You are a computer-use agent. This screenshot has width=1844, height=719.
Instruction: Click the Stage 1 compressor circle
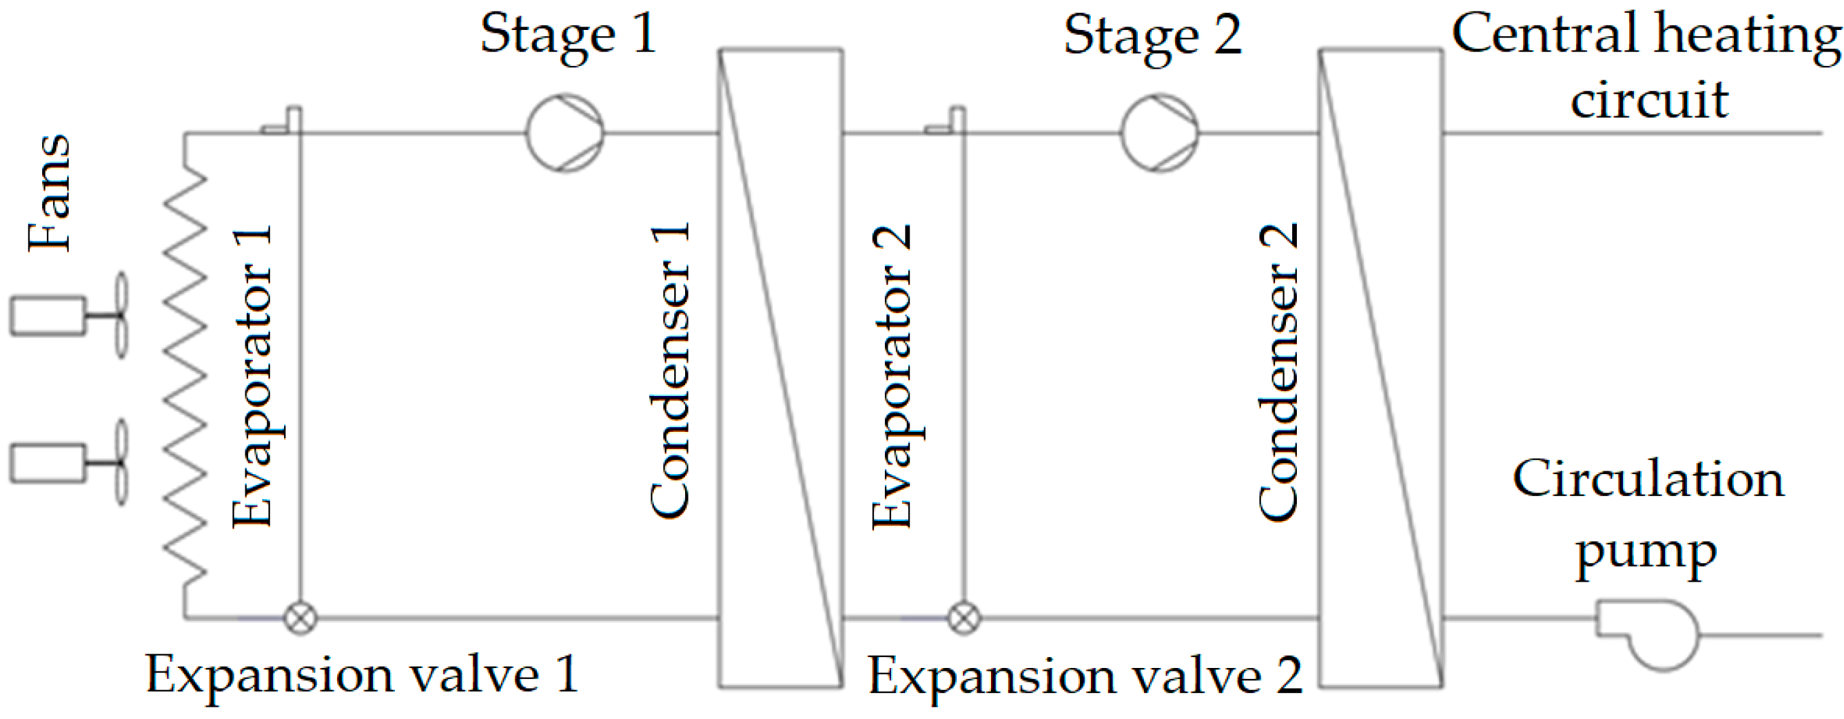(565, 133)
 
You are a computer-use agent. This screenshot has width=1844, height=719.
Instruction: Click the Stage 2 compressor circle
(1159, 133)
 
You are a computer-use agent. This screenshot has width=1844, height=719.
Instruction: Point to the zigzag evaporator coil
(185, 372)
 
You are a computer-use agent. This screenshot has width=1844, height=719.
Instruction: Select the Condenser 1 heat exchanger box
(780, 368)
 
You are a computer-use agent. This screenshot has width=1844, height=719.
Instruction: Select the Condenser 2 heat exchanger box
(1380, 368)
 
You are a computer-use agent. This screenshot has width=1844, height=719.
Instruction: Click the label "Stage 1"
(568, 35)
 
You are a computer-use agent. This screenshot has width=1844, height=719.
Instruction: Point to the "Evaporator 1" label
(252, 377)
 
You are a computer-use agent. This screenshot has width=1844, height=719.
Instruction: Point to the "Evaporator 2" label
(892, 377)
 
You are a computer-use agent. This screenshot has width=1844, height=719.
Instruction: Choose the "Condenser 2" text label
(1278, 371)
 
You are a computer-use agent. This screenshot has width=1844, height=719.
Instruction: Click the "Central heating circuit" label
(1646, 66)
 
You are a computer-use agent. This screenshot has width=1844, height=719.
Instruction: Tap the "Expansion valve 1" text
(362, 675)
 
